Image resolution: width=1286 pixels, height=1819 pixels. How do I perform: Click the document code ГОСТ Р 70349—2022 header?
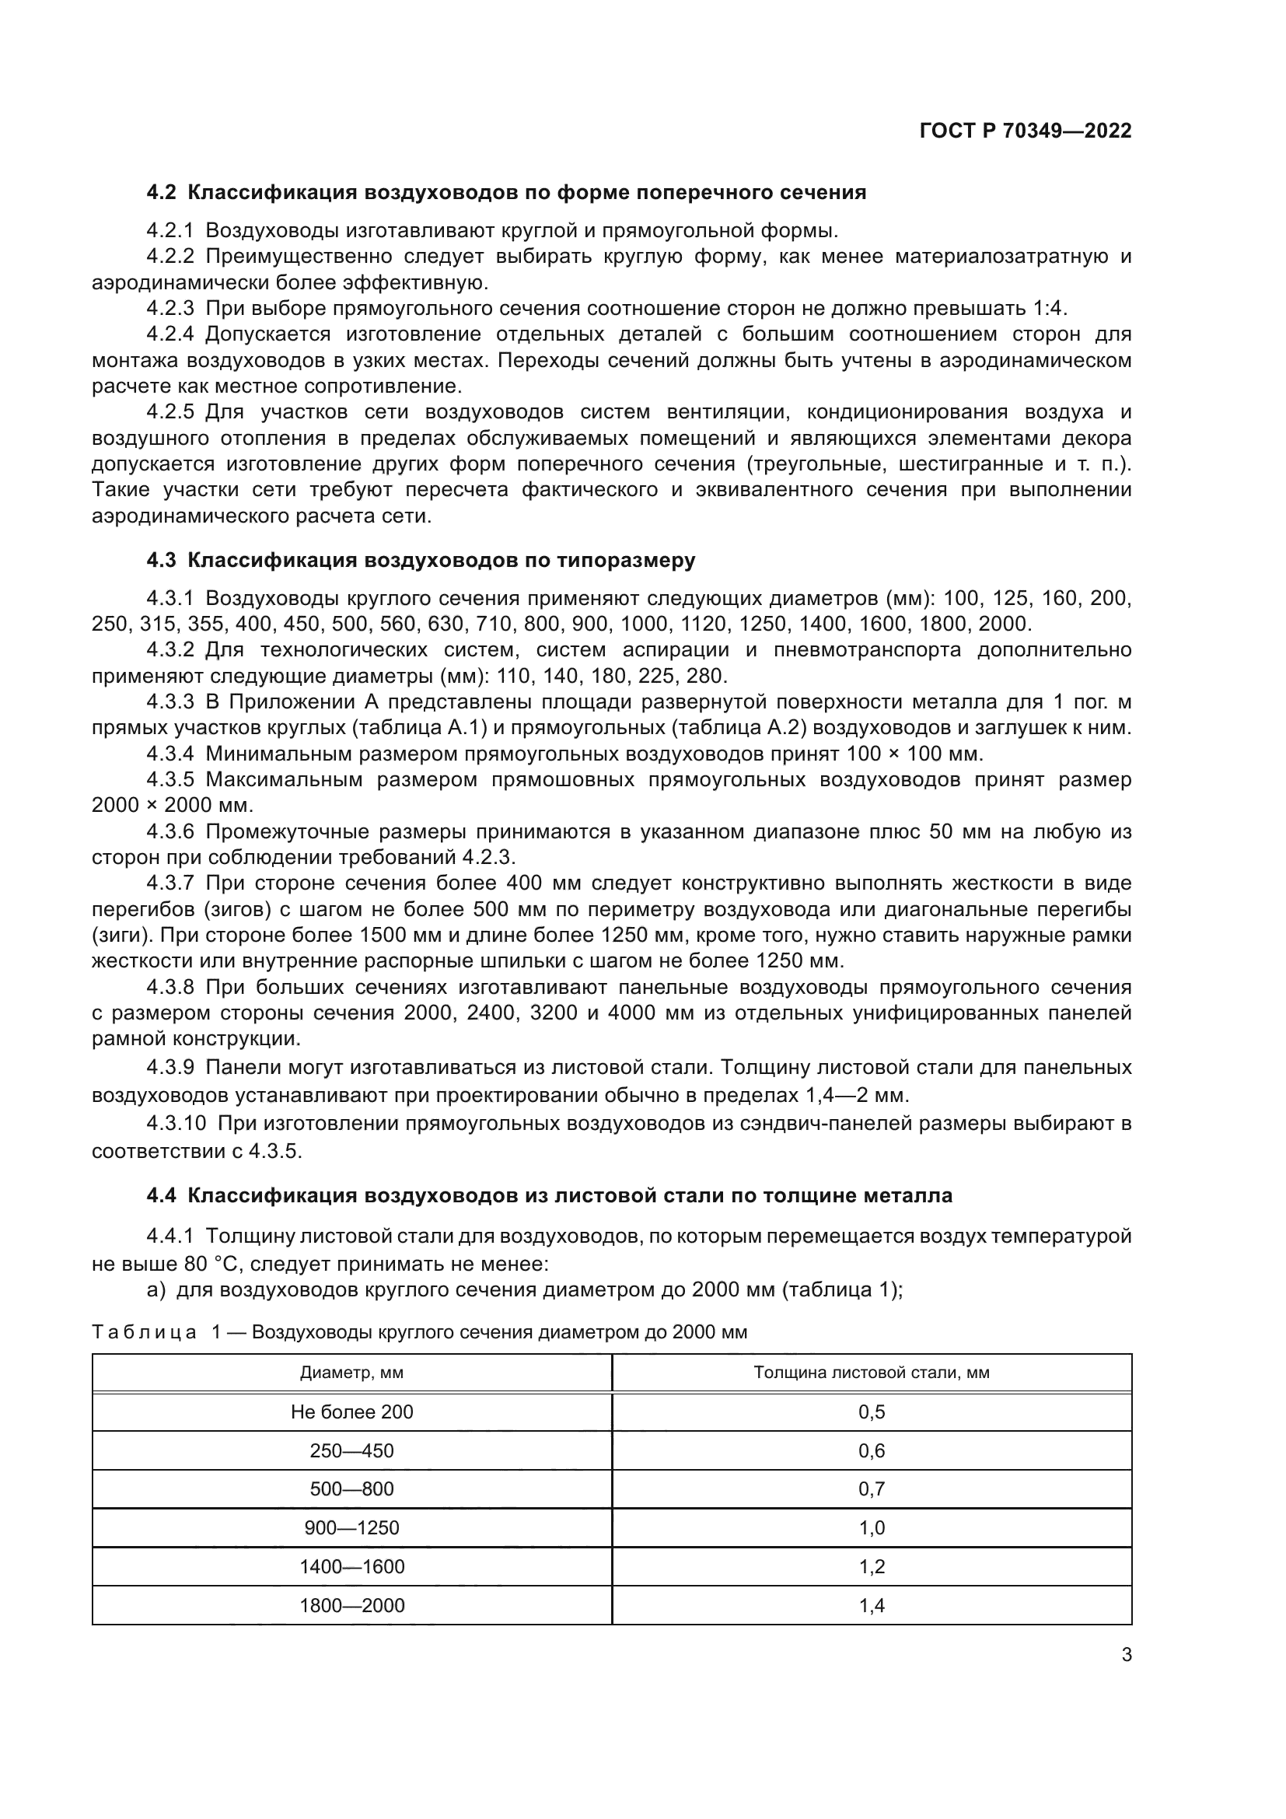[x=1026, y=131]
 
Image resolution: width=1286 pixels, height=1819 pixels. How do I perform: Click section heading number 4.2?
[x=162, y=193]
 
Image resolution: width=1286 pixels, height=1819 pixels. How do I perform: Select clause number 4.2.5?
[x=169, y=412]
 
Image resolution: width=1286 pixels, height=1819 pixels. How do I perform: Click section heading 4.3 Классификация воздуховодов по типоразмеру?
[x=421, y=560]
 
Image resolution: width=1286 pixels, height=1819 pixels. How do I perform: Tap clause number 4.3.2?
[x=169, y=650]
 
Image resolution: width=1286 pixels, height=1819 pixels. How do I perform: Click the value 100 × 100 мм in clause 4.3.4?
[x=914, y=754]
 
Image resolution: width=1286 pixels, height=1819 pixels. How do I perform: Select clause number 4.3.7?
[x=169, y=883]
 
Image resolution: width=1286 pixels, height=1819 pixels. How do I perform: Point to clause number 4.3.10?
[x=175, y=1125]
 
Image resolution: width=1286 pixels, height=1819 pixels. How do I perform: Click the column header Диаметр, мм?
[x=351, y=1373]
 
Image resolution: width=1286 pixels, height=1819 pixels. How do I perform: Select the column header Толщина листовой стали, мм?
[x=871, y=1373]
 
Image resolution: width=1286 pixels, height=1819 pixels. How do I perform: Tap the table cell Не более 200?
[x=351, y=1411]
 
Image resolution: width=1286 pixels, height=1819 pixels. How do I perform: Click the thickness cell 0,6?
[x=871, y=1450]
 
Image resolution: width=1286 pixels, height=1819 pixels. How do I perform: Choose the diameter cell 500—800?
[x=351, y=1489]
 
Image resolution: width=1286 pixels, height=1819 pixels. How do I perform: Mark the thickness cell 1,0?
[x=871, y=1528]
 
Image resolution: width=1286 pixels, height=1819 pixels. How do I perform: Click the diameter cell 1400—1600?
[x=351, y=1567]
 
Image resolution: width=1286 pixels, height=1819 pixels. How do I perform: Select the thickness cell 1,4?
[x=871, y=1606]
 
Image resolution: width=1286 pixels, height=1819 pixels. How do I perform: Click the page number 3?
[x=1126, y=1655]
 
